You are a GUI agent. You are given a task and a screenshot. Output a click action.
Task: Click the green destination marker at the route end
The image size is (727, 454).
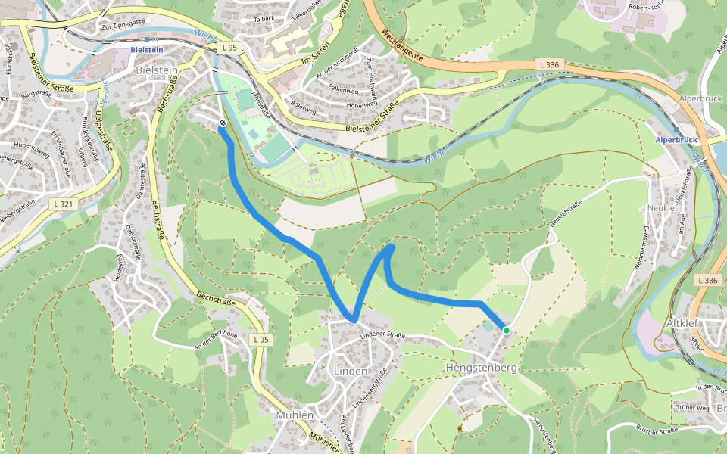[x=506, y=330]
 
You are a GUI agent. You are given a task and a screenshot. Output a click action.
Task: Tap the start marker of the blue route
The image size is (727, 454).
[x=222, y=124]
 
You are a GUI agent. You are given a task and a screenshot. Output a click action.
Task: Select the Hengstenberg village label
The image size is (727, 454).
[x=481, y=368]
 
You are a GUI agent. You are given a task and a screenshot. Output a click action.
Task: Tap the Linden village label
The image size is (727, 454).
[x=351, y=371]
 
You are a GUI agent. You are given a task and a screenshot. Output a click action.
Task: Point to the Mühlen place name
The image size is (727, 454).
[x=295, y=415]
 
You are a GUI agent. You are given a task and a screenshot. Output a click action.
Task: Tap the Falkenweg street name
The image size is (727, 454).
[x=342, y=89]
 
